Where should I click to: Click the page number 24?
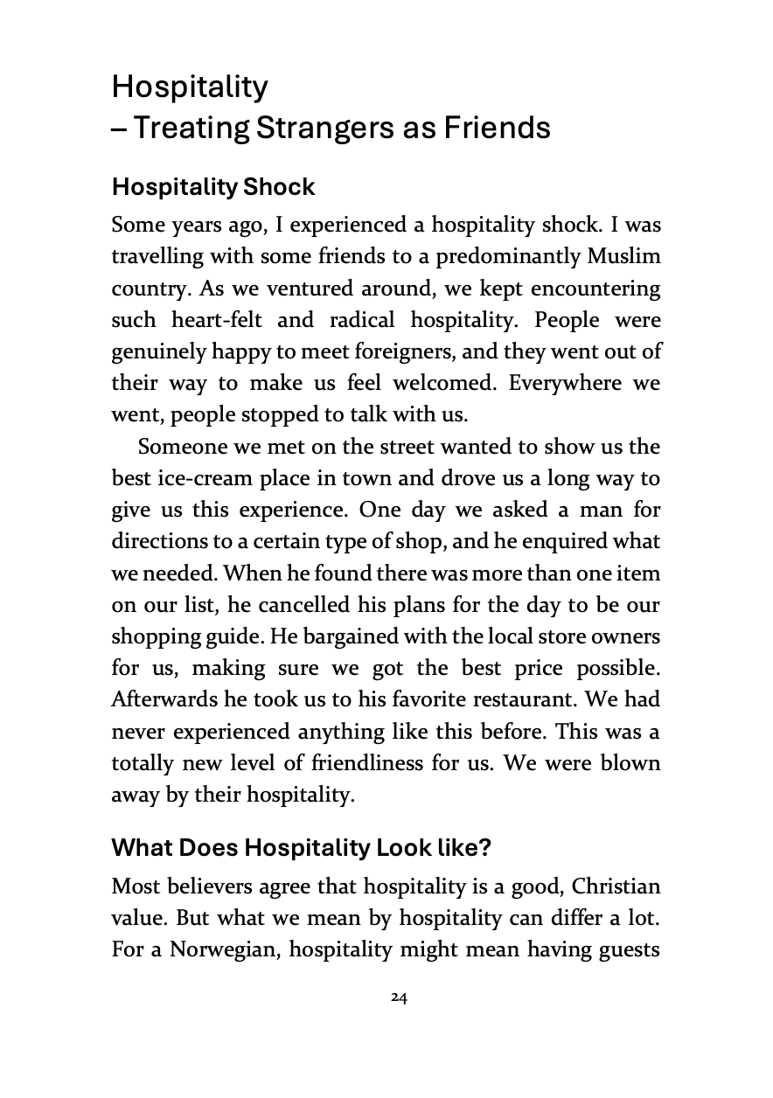tap(399, 997)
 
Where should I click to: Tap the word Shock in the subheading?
tap(281, 187)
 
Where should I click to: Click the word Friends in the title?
tap(498, 128)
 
